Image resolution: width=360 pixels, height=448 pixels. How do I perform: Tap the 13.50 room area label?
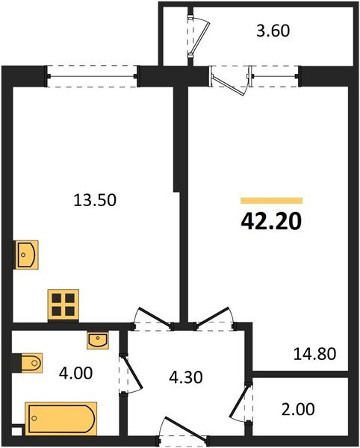click(96, 200)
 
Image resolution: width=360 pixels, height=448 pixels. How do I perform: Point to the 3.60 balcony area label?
click(271, 31)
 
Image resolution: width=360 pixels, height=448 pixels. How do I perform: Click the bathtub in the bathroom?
click(60, 417)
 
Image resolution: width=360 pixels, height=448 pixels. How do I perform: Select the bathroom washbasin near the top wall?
click(97, 340)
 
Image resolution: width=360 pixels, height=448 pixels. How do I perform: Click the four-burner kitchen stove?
click(63, 304)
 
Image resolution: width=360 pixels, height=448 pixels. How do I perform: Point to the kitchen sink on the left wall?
click(25, 254)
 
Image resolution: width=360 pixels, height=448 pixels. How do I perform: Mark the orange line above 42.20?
click(271, 201)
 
